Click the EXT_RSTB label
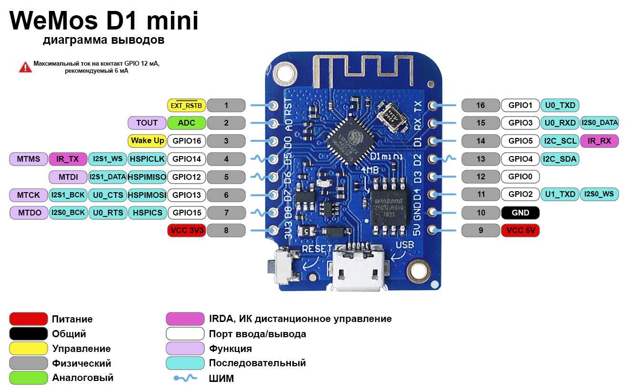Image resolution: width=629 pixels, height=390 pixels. pos(186,105)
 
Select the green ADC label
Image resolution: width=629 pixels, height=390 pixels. pos(186,123)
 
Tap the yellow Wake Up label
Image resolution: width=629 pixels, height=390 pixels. pos(147,141)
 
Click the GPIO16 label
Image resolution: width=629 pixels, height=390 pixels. pos(186,141)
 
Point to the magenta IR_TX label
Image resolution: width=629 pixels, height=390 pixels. pos(68,159)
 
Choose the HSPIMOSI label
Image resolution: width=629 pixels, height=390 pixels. pos(147,195)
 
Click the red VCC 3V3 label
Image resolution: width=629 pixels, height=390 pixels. pos(186,231)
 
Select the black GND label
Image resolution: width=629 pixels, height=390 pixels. pos(520,213)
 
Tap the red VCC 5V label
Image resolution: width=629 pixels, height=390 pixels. pos(520,231)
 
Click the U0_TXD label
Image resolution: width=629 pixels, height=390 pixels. pos(559,105)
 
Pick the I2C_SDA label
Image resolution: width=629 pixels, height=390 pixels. pos(559,159)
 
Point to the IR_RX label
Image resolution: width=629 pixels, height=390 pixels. pos(599,141)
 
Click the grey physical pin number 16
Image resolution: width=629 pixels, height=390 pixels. pos(481,105)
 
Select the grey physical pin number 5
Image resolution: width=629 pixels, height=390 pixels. pos(226,177)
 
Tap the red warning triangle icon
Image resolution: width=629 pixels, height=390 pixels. pos(25,67)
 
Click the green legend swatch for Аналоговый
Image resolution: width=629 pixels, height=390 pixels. pos(29,378)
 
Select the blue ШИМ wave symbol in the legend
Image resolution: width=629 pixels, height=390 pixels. pos(185,378)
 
